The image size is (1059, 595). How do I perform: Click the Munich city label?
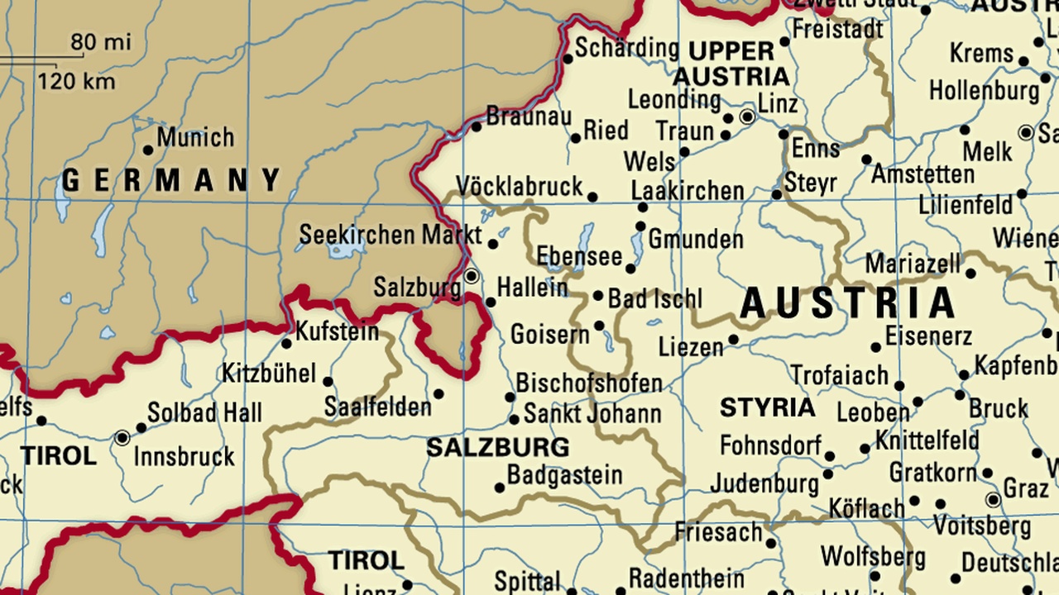pos(195,137)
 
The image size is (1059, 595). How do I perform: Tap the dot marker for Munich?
pos(148,150)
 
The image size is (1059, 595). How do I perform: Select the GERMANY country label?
pos(172,180)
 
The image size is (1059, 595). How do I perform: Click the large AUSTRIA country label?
pos(848,303)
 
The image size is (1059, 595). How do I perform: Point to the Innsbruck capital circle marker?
pos(122,438)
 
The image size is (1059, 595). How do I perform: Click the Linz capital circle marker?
pos(748,117)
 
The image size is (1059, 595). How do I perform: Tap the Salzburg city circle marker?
pos(472,275)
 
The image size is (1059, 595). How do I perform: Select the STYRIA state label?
pos(767,407)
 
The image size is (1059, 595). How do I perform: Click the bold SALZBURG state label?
pos(497,448)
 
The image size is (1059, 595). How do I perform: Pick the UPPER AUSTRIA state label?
pos(731,64)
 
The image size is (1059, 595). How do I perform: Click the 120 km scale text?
pos(76,82)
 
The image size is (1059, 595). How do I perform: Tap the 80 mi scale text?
pos(100,42)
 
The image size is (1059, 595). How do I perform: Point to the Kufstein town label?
pos(337,332)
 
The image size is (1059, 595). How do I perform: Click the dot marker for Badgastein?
pos(500,488)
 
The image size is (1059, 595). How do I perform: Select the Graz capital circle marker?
pos(993,500)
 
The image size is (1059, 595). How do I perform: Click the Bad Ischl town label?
pos(654,298)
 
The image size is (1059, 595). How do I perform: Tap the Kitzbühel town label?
pos(269,374)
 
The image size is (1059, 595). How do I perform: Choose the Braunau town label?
pos(528,117)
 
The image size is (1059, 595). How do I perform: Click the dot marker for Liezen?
pos(733,340)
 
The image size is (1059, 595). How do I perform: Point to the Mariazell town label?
pos(913,264)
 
